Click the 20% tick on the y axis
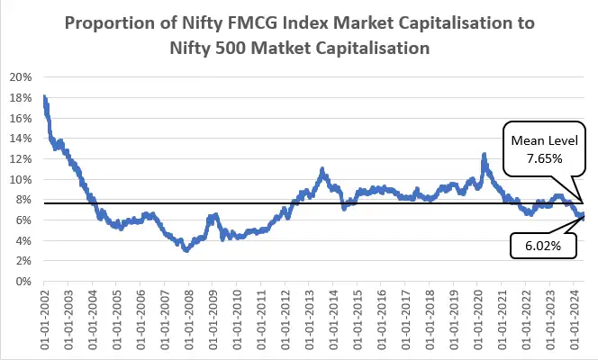coord(21,76)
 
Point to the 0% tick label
coord(23,281)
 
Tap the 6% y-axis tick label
coord(23,220)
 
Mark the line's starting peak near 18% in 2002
coord(44,97)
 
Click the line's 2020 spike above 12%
coord(485,155)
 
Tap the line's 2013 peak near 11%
coord(322,168)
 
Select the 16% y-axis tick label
coord(21,117)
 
